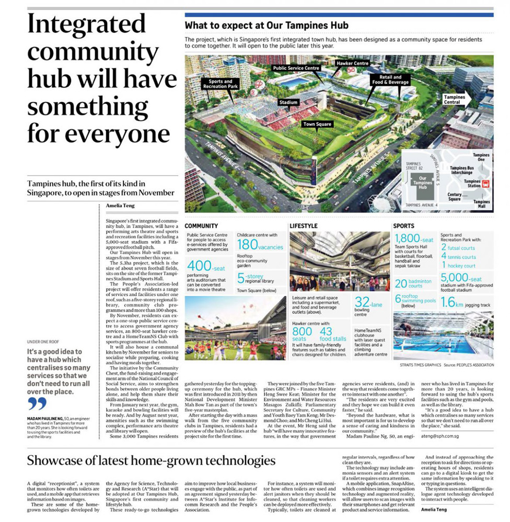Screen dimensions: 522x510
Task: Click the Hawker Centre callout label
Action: tap(354, 64)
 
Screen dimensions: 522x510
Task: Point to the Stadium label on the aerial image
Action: tap(288, 103)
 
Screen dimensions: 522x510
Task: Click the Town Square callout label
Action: tap(318, 124)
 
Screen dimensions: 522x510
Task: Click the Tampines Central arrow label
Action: tap(458, 99)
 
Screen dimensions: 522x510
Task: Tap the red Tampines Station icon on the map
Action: tap(486, 184)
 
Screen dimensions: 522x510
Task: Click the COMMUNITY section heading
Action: tap(201, 226)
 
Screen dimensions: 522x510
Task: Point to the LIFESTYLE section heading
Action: tap(304, 226)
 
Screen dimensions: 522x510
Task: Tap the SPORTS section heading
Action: tap(404, 226)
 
